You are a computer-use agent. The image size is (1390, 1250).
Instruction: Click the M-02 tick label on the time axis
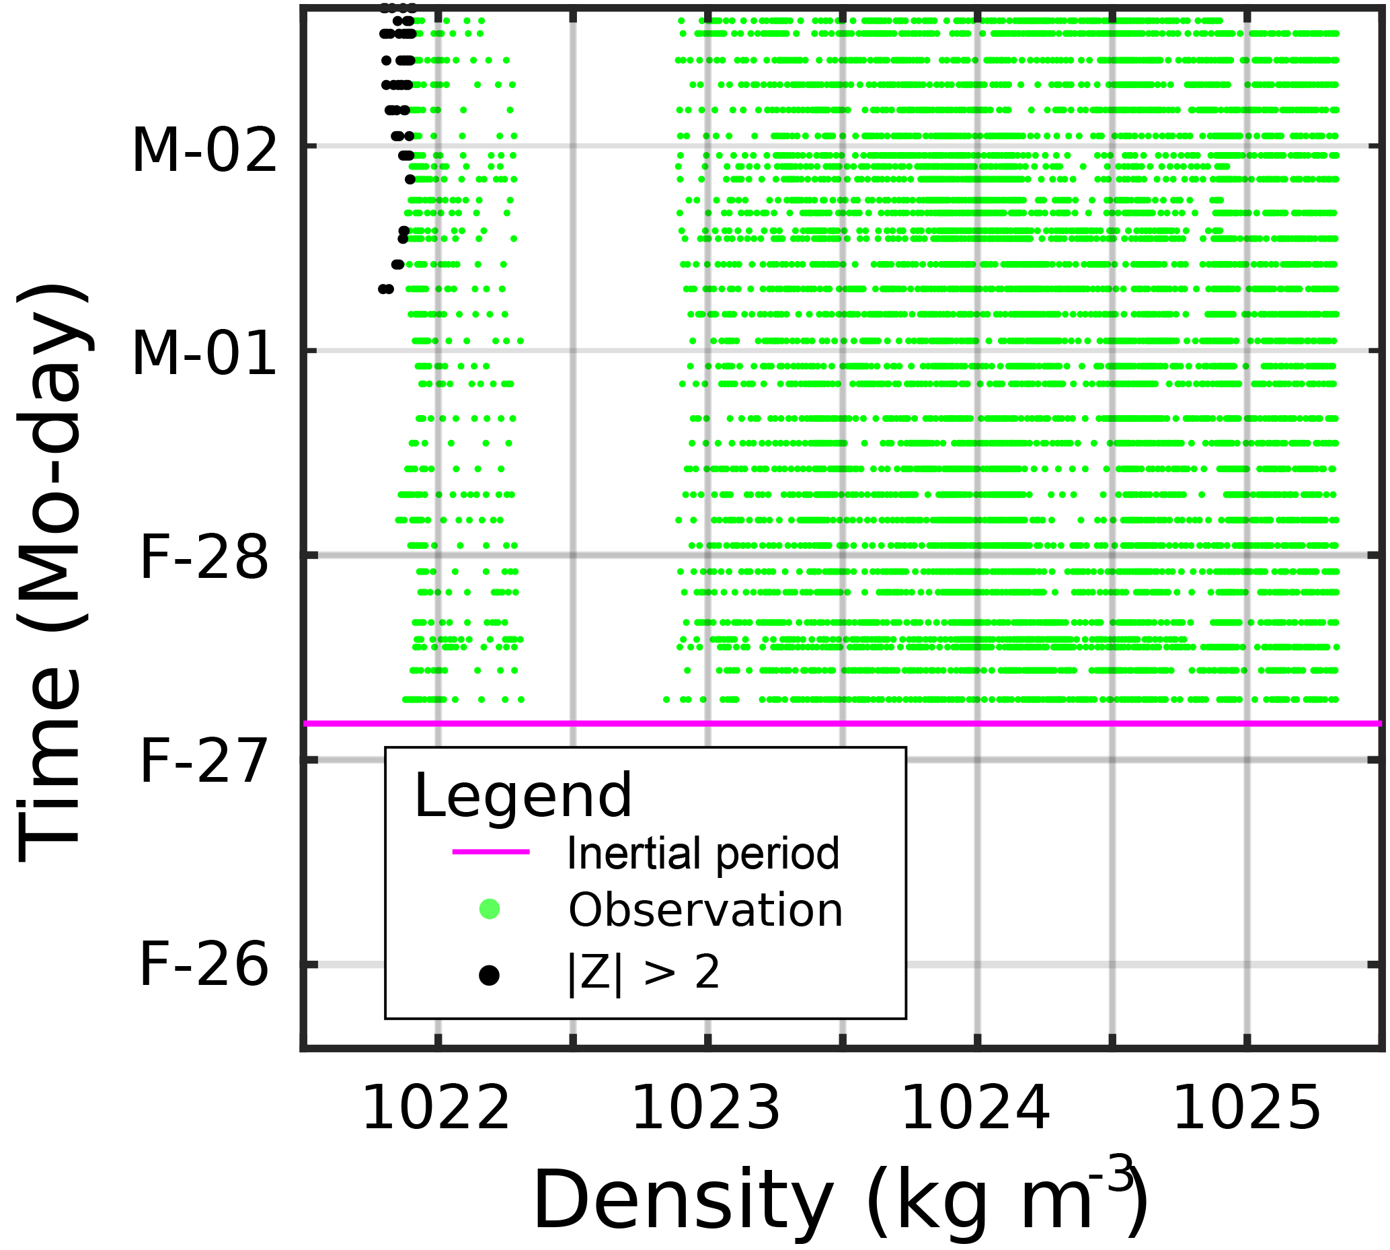point(204,151)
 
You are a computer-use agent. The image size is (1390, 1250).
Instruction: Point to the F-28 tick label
point(204,559)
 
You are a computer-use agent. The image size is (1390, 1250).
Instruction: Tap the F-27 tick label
point(204,762)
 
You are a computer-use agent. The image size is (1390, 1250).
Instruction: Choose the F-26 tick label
point(204,965)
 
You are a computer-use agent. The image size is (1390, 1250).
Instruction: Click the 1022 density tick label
point(436,1109)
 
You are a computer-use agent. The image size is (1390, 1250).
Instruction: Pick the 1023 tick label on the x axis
point(706,1109)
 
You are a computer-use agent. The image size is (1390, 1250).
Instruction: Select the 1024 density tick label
point(975,1109)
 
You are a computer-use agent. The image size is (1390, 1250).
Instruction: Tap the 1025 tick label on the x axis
point(1247,1109)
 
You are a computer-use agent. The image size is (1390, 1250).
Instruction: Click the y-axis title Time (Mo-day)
point(52,573)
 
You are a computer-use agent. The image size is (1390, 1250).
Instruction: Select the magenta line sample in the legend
point(490,852)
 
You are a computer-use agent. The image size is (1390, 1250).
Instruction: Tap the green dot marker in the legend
point(490,910)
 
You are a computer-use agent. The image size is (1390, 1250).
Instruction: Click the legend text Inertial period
point(703,854)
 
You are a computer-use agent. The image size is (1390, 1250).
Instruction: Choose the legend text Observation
point(705,911)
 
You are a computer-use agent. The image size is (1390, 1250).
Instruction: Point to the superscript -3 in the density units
point(1110,1175)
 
